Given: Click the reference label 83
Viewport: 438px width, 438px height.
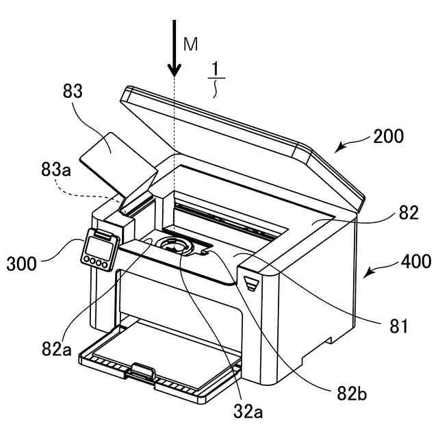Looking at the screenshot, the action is (73, 91).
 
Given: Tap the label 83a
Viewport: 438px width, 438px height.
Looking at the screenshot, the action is (56, 169).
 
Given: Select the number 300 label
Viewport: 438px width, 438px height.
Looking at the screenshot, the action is (21, 263).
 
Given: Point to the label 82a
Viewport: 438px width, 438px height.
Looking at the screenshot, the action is (57, 349).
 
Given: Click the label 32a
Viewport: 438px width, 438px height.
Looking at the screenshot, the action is (248, 411).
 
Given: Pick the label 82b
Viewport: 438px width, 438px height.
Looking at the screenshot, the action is (352, 394).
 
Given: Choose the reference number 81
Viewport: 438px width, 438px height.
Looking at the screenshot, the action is (398, 326).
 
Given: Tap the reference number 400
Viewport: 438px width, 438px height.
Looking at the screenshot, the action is (416, 262).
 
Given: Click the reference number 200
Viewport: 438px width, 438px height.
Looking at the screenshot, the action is (389, 136).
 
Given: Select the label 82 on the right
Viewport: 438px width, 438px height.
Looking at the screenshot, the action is (409, 213).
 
